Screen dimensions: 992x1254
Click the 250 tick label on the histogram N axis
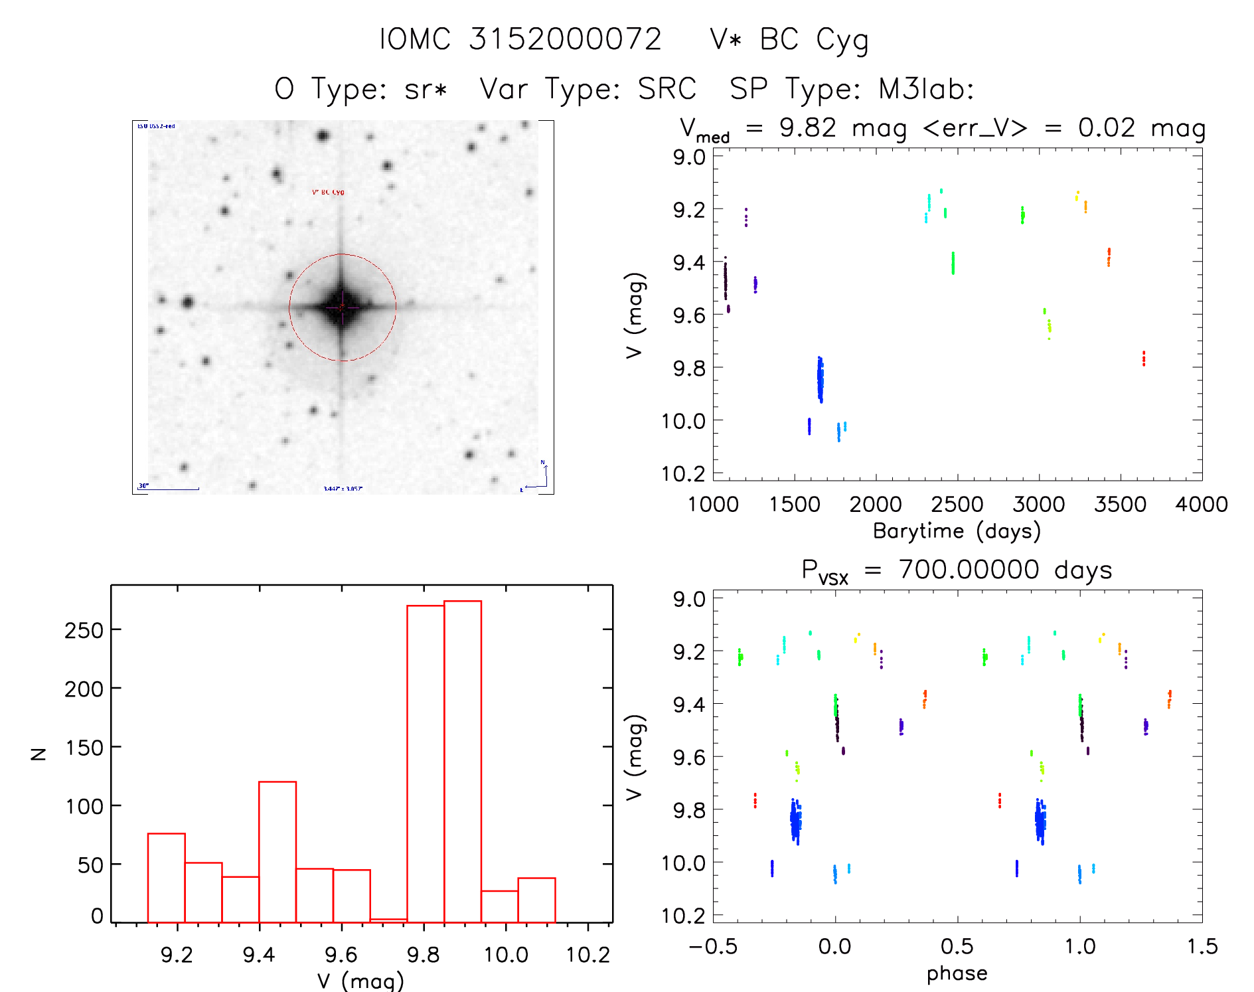pyautogui.click(x=84, y=630)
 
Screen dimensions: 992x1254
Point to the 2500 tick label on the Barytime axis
pyautogui.click(x=957, y=505)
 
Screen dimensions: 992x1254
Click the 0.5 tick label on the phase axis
pyautogui.click(x=957, y=947)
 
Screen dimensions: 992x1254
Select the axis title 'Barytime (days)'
pyautogui.click(x=957, y=531)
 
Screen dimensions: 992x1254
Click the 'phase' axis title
pyautogui.click(x=957, y=973)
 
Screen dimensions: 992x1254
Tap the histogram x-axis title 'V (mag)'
pyautogui.click(x=360, y=981)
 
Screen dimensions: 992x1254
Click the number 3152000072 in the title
pyautogui.click(x=565, y=39)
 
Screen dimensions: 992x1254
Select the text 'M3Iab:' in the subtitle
pyautogui.click(x=926, y=89)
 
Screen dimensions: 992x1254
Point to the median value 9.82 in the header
pyautogui.click(x=807, y=127)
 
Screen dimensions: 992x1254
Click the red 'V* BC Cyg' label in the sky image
pyautogui.click(x=328, y=193)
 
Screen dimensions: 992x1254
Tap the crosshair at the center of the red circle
pyautogui.click(x=342, y=307)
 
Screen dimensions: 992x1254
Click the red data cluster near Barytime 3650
pyautogui.click(x=1144, y=359)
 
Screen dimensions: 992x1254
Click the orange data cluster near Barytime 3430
pyautogui.click(x=1109, y=256)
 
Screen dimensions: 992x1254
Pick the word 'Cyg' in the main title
pyautogui.click(x=842, y=41)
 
